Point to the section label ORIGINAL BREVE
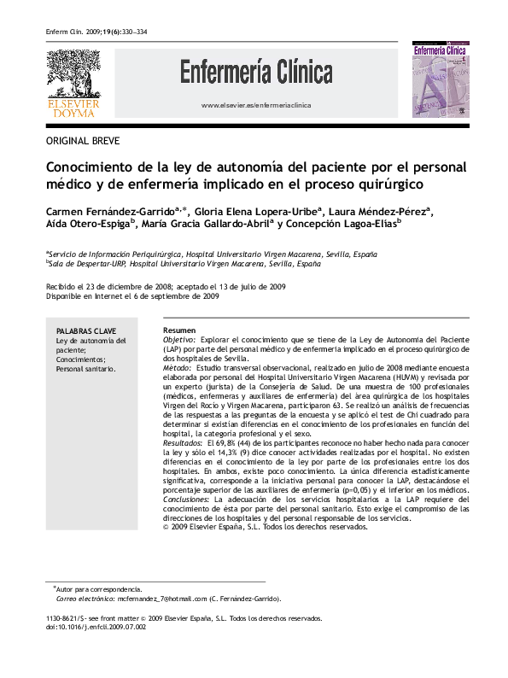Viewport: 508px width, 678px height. (83, 140)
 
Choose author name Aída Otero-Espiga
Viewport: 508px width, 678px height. (89, 225)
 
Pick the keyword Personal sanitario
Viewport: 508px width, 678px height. (86, 369)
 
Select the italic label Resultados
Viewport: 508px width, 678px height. (182, 443)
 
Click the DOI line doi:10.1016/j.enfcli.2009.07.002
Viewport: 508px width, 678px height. (96, 626)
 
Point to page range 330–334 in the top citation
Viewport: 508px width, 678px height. (134, 32)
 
